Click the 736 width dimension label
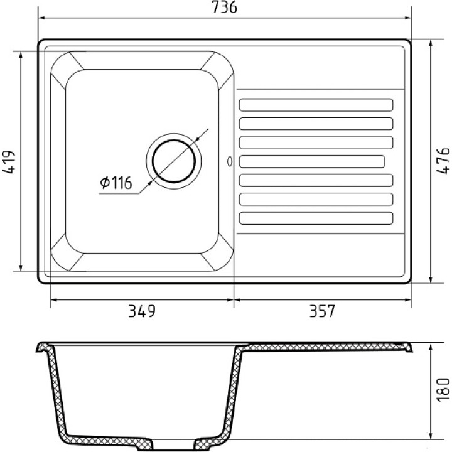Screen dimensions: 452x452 (x=225, y=7)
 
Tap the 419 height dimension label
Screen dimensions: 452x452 (x=8, y=161)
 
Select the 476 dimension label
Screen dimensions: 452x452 (x=443, y=160)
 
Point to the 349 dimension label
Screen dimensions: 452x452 (x=142, y=311)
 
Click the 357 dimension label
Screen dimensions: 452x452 (x=322, y=311)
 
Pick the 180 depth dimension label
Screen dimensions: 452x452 (x=443, y=389)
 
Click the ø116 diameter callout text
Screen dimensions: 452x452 (x=116, y=182)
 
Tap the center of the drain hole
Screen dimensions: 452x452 (x=174, y=161)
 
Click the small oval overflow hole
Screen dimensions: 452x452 (x=230, y=161)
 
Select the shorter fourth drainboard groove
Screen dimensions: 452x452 (x=312, y=161)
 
